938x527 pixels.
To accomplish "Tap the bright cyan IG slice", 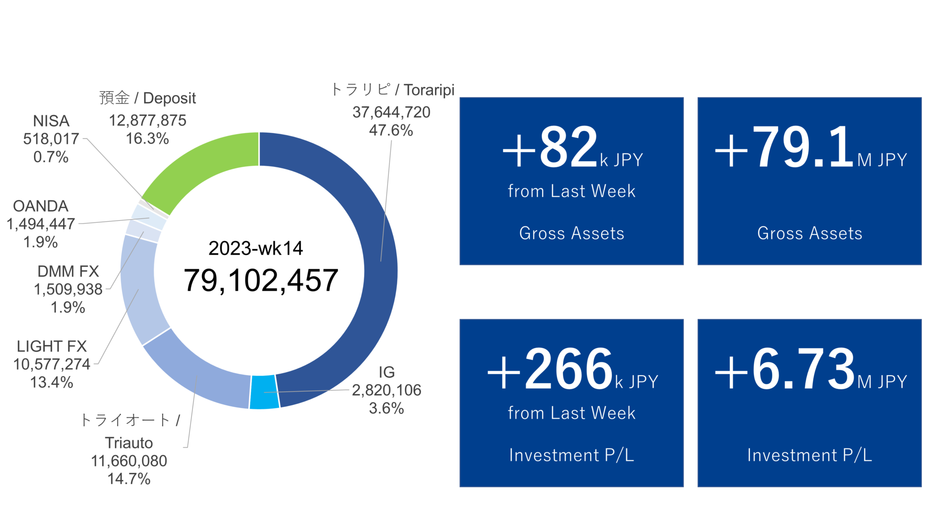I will [x=264, y=392].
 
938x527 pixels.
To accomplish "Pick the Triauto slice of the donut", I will [x=197, y=375].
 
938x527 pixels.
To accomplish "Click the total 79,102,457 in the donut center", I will [x=261, y=280].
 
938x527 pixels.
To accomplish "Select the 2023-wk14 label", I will [x=256, y=248].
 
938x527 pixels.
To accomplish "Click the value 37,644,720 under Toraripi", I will [x=391, y=112].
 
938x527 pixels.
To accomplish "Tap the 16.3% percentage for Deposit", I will [x=147, y=138].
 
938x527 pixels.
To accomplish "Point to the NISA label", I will [x=51, y=121].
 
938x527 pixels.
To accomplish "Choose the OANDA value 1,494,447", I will [x=41, y=224].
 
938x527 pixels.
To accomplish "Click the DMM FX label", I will [x=68, y=271].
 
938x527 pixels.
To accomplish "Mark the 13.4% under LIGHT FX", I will [x=52, y=382].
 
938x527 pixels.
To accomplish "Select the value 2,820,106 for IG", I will [x=386, y=390].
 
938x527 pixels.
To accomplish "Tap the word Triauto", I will [x=129, y=443].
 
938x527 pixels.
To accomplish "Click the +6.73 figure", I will [x=785, y=370].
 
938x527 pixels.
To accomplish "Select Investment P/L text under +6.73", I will [x=809, y=455].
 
